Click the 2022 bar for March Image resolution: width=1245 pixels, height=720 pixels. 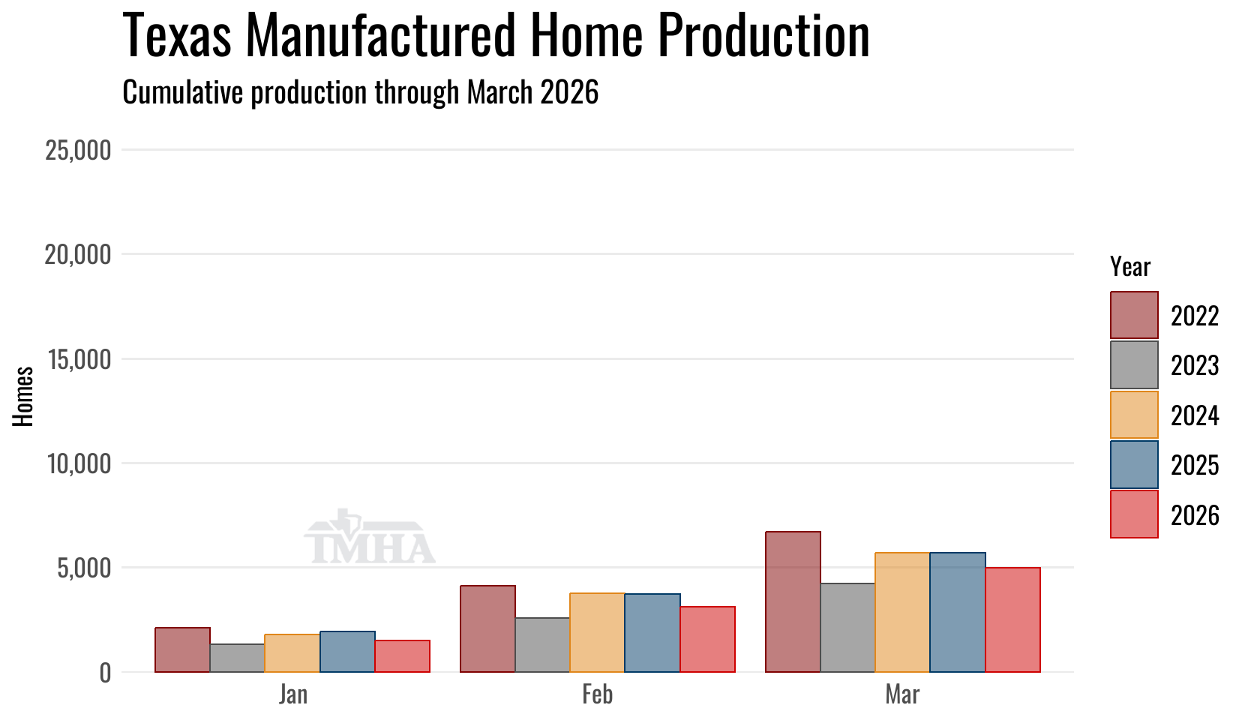tap(793, 601)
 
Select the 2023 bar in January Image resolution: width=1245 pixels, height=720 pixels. tap(237, 658)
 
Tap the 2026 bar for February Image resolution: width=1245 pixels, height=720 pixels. tap(707, 640)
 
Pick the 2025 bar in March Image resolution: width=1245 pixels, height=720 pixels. tap(958, 612)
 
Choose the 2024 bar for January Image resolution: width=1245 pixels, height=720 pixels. tap(292, 653)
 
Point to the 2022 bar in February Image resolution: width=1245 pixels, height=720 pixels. tap(487, 628)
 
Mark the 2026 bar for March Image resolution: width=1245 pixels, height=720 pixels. tap(1012, 620)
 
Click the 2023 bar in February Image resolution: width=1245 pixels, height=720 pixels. tap(542, 645)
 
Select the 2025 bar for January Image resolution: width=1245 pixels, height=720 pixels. tap(347, 652)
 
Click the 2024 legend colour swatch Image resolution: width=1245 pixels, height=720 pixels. tap(1134, 415)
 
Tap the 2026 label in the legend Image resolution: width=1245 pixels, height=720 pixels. tap(1195, 515)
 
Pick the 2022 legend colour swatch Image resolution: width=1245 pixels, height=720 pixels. tap(1134, 315)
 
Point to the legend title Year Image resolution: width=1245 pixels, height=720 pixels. tap(1130, 268)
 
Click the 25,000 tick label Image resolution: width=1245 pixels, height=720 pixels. tap(78, 150)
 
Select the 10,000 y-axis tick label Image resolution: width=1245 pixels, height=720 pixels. tap(79, 463)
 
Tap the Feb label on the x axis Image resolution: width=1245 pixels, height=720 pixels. tap(598, 694)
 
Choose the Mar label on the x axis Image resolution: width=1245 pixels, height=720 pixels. tap(903, 694)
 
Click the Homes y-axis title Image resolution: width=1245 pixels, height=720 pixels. tap(23, 397)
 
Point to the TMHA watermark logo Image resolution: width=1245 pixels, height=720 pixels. tap(370, 536)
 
